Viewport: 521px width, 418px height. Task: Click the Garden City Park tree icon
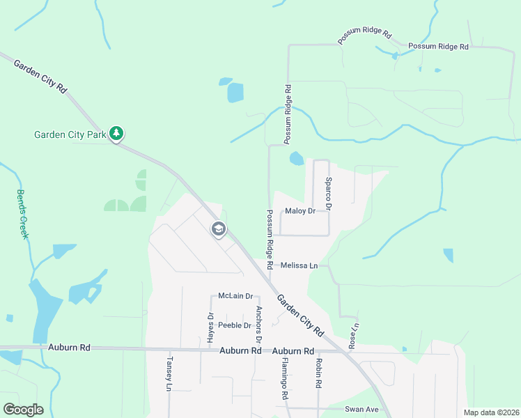click(116, 133)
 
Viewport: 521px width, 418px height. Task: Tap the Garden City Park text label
click(70, 134)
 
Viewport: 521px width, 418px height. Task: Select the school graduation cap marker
click(218, 229)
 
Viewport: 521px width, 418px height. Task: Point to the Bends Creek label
click(22, 214)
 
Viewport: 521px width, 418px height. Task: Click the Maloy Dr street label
click(300, 211)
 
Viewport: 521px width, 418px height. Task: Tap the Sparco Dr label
click(329, 194)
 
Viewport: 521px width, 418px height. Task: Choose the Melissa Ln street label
click(299, 265)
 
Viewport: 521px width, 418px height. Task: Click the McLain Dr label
click(234, 295)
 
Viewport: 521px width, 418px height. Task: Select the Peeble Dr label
click(234, 325)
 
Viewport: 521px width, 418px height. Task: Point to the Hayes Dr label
click(210, 326)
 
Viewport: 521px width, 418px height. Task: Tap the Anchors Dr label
click(258, 324)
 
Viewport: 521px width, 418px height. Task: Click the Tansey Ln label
click(169, 373)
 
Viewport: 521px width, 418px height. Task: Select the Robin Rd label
click(318, 373)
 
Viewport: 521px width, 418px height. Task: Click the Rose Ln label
click(354, 335)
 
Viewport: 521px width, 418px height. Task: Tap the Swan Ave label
click(363, 410)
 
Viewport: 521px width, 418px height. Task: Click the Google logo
click(23, 410)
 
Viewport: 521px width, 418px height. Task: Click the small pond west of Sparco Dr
click(297, 159)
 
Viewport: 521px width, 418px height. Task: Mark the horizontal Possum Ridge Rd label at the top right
click(439, 47)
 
